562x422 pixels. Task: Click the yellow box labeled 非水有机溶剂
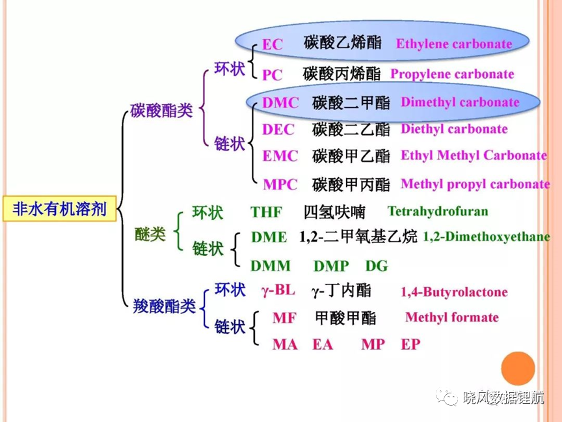(59, 208)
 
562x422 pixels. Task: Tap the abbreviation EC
(273, 44)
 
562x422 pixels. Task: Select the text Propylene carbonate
(452, 74)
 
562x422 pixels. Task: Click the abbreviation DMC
(280, 103)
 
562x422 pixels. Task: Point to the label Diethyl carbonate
(454, 129)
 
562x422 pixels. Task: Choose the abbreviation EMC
(280, 156)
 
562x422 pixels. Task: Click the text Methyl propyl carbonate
(475, 184)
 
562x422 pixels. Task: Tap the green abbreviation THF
(266, 212)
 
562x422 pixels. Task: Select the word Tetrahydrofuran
(438, 211)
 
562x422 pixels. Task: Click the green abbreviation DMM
(270, 266)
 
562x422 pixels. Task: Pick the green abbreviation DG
(377, 266)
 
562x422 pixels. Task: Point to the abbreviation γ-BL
(278, 290)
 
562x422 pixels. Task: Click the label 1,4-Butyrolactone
(454, 292)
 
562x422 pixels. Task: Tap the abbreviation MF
(284, 318)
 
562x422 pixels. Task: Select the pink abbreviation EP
(410, 345)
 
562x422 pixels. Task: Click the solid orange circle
(518, 369)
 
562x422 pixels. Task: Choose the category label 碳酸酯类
(162, 110)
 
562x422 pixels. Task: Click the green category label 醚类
(150, 234)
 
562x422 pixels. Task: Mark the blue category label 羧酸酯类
(164, 306)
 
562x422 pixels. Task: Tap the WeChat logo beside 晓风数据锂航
(447, 398)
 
